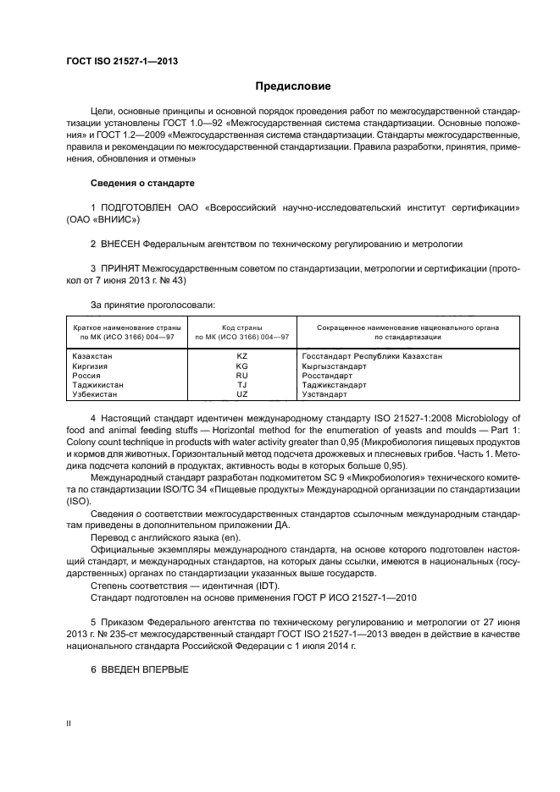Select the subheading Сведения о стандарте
pyautogui.click(x=142, y=183)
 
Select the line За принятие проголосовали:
pyautogui.click(x=152, y=304)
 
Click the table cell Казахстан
pyautogui.click(x=92, y=356)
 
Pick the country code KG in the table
pyautogui.click(x=241, y=366)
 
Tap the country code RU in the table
pyautogui.click(x=241, y=376)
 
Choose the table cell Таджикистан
pyautogui.click(x=98, y=385)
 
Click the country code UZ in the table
pyautogui.click(x=241, y=394)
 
